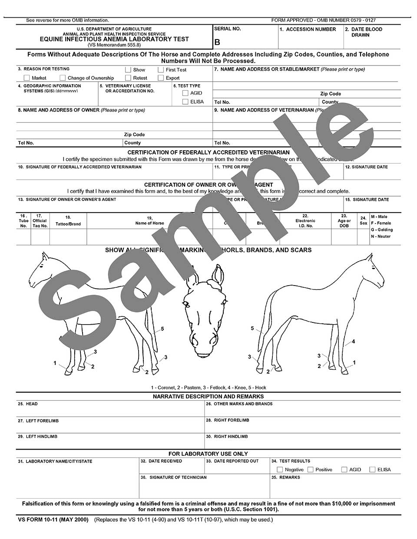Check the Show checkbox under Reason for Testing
(x=128, y=69)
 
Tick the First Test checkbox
(x=161, y=69)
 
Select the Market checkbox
(x=26, y=78)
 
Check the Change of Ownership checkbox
(x=63, y=78)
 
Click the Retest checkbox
(x=128, y=78)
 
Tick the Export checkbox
(x=161, y=78)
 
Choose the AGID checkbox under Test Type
(x=185, y=93)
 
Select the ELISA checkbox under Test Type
(x=185, y=102)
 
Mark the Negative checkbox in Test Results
(x=280, y=470)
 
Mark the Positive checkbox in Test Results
(x=310, y=470)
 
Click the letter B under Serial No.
(x=217, y=42)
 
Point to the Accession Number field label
(x=308, y=30)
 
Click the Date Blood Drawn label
(x=364, y=32)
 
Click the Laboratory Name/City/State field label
(x=55, y=461)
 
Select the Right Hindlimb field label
(x=227, y=437)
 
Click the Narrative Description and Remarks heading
(x=208, y=396)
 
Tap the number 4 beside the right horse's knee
(x=353, y=342)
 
